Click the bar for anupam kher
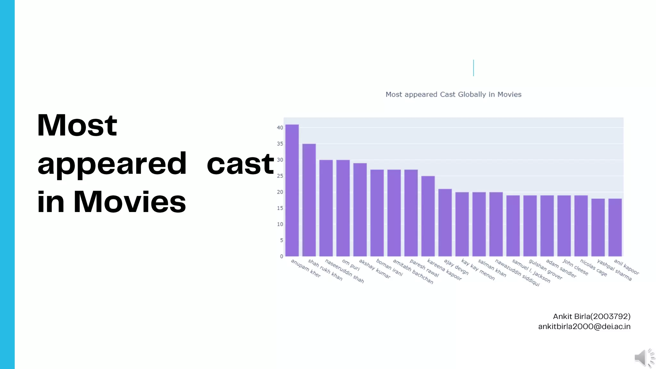[292, 191]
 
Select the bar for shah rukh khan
[309, 200]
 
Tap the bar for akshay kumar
[360, 210]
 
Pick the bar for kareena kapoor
[428, 216]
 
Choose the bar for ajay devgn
[445, 223]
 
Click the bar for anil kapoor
[615, 227]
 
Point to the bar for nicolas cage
[581, 226]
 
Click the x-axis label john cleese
[576, 267]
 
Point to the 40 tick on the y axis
[280, 128]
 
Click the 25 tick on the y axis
[280, 176]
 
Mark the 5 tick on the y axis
[281, 240]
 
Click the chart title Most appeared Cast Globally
[453, 94]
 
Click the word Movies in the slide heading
[129, 202]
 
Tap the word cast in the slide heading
[240, 164]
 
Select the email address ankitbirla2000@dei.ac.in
[584, 327]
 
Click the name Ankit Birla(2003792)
[591, 316]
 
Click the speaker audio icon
[644, 358]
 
